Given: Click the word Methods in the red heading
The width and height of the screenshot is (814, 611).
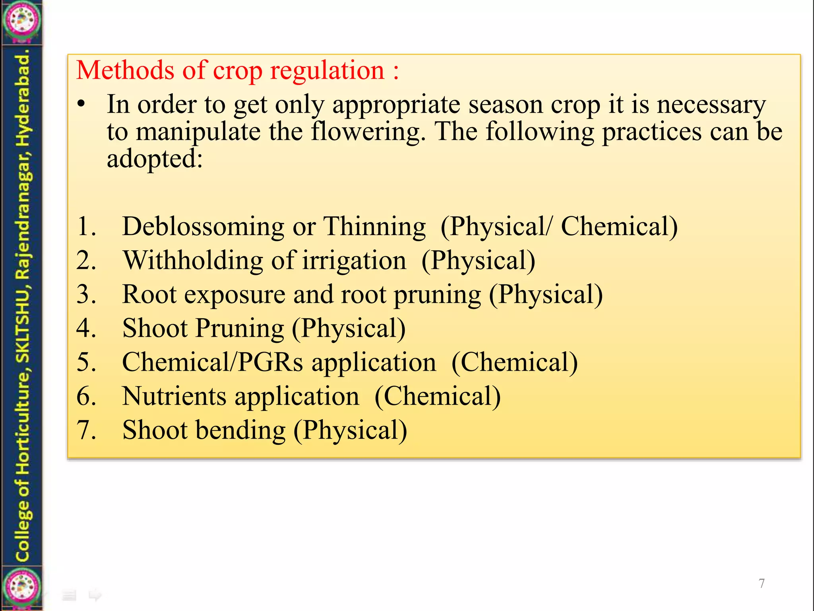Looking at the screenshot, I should [125, 70].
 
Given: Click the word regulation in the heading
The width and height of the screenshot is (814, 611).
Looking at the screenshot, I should [327, 70].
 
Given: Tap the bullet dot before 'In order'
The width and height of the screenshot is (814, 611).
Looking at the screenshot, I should [81, 105].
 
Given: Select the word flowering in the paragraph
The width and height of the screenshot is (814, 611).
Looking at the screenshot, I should [368, 132].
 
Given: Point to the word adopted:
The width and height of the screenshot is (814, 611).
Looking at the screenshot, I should [155, 159].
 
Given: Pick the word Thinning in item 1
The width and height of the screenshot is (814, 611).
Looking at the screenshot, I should [374, 227].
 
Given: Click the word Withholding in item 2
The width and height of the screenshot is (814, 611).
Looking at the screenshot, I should [193, 261].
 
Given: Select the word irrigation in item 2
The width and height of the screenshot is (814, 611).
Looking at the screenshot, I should [354, 261].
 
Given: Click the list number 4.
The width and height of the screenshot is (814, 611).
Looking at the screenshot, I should [86, 329].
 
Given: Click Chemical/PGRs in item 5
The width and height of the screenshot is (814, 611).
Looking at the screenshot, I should [212, 362].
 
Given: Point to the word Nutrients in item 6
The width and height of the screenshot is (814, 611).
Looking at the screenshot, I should [174, 397].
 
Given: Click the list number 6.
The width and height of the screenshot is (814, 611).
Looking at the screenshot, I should [86, 397].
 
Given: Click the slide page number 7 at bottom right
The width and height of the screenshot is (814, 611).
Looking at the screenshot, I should [762, 583].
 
